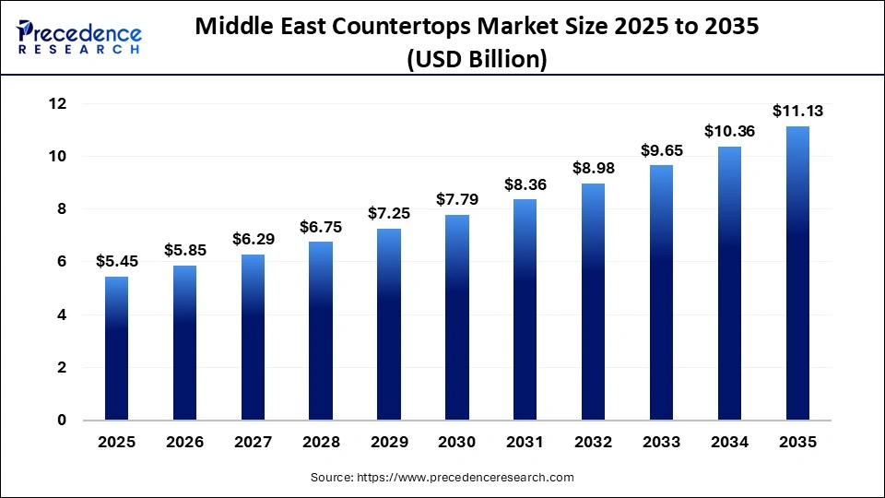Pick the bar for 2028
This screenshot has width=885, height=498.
pos(321,331)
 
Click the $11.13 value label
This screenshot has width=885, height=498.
pos(797,112)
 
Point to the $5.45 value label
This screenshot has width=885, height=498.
pos(116,261)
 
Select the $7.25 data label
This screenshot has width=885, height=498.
pos(389,213)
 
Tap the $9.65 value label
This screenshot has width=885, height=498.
pos(661,149)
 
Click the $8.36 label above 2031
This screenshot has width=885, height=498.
pos(525,184)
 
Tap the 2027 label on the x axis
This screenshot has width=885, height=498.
pos(253,443)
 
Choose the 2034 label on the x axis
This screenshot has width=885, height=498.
pos(729,443)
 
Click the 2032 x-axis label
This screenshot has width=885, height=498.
pos(593,443)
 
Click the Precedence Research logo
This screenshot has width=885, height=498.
pos(79,38)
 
